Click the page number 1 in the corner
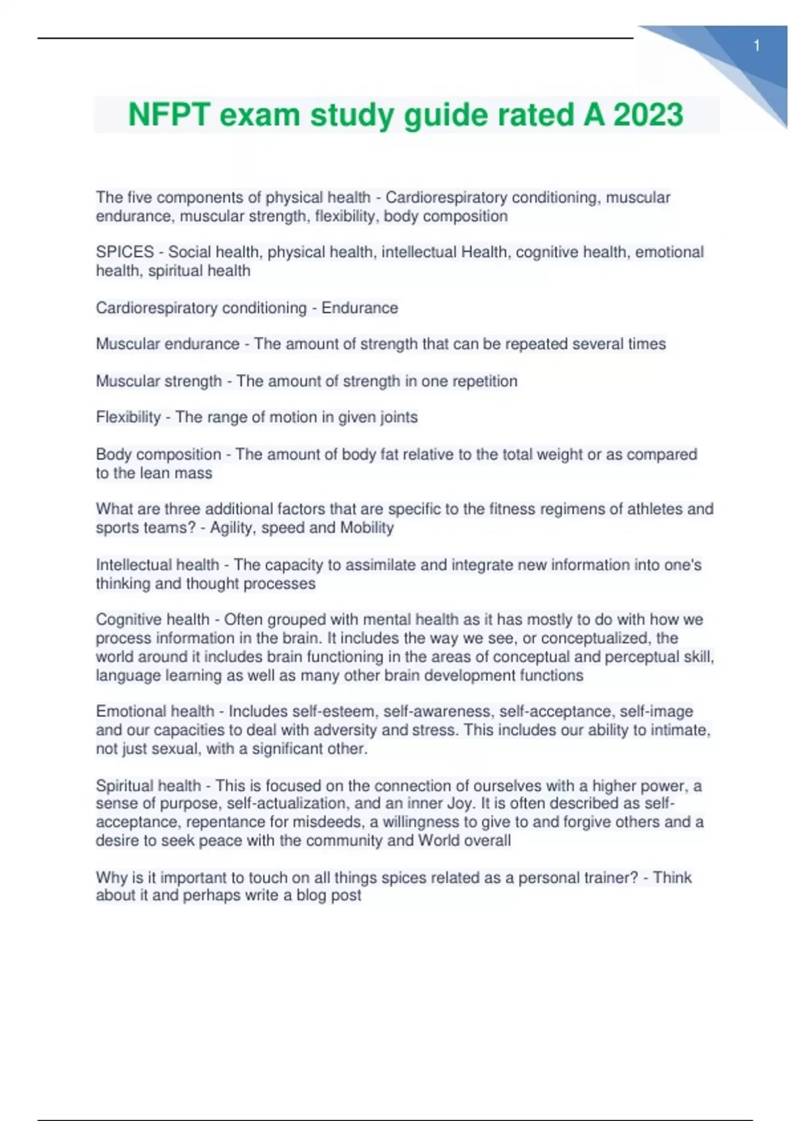(757, 45)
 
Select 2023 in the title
(648, 115)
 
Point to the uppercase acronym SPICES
(125, 252)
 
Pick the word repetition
(484, 381)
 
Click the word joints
(397, 417)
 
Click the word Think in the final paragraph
(672, 878)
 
